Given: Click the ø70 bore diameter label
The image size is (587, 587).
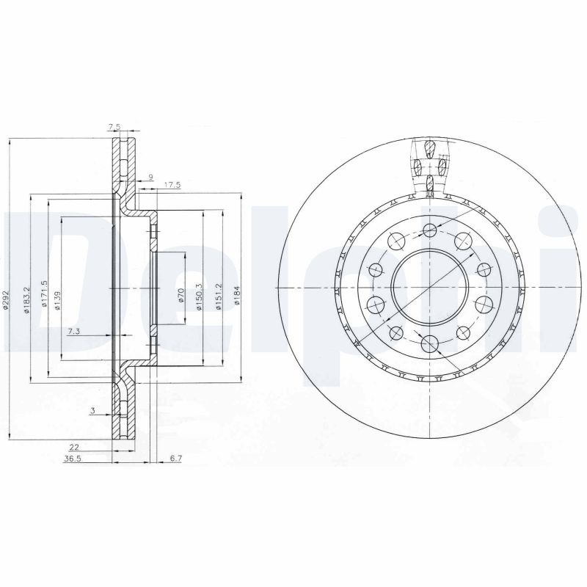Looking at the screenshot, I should (x=181, y=296).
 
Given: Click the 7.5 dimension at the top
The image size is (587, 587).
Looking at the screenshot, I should (x=114, y=128).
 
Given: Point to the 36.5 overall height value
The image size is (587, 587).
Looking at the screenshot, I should (x=73, y=459).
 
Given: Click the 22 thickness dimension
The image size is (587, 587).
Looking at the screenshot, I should (x=74, y=446).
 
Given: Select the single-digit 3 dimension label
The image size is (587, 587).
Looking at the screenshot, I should (x=92, y=411).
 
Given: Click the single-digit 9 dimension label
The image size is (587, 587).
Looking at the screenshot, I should (x=150, y=176).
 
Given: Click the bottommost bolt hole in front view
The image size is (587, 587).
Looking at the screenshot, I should (x=429, y=341).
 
